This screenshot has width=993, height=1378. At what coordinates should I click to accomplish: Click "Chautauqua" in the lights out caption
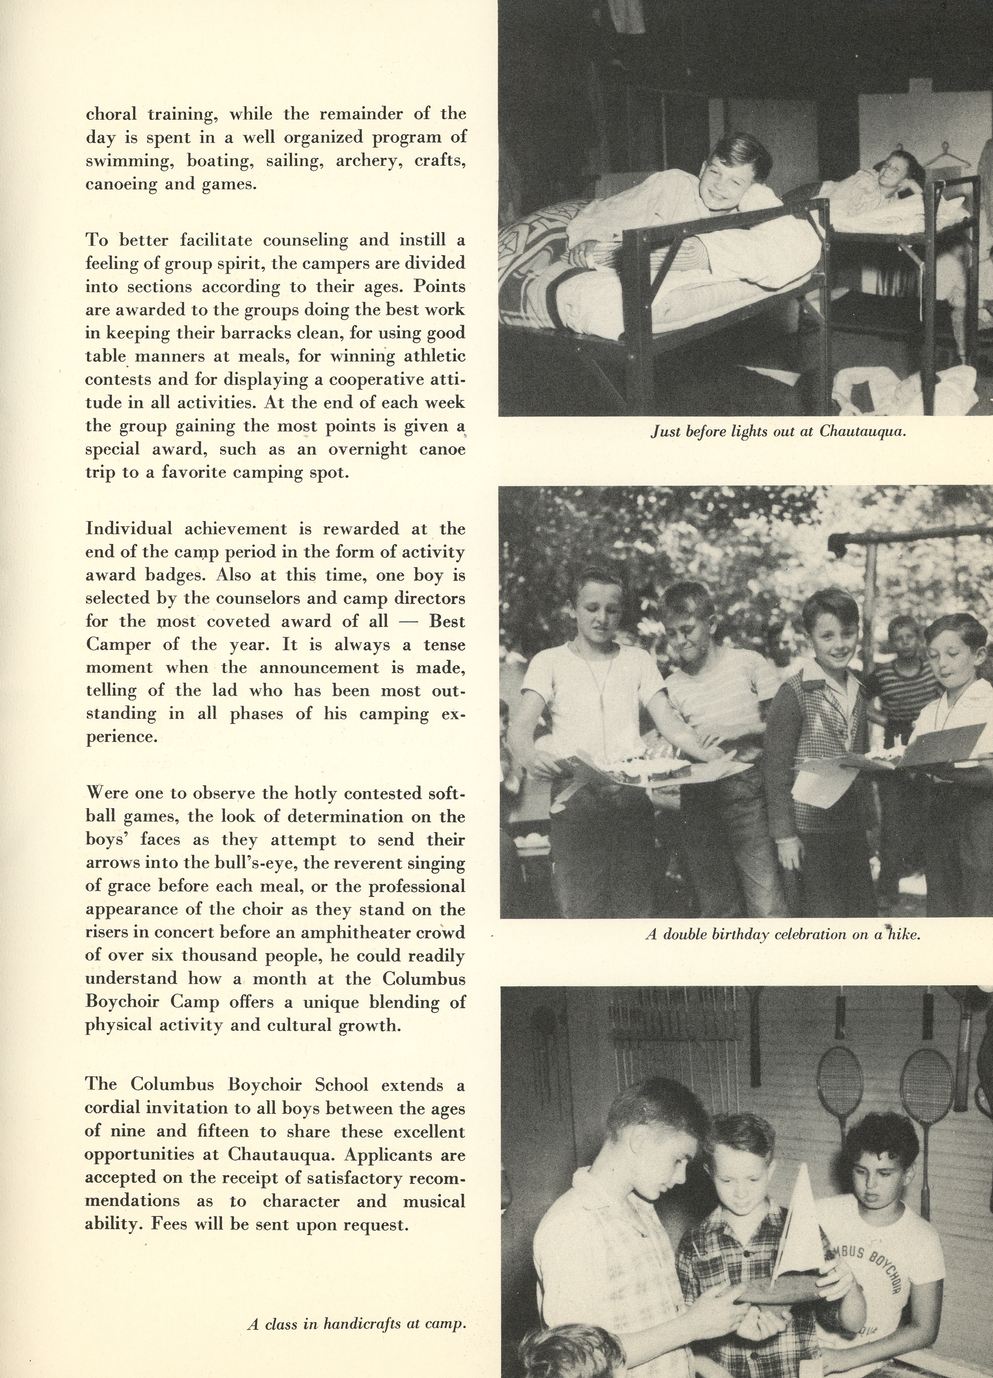[862, 432]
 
